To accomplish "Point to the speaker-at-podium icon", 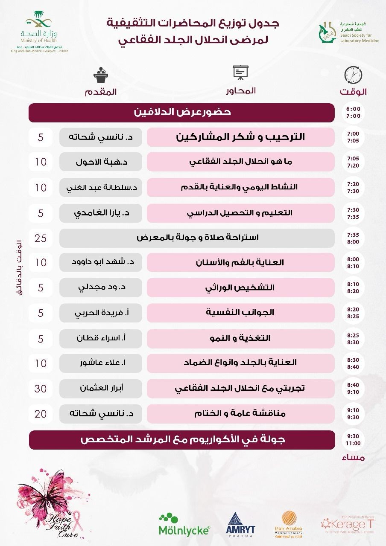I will (101, 75).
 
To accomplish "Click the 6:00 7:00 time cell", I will (354, 112).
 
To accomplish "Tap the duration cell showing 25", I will (41, 238).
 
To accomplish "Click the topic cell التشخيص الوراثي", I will (240, 287).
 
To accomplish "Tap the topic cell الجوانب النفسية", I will (240, 312).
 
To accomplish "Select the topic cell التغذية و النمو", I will (240, 337).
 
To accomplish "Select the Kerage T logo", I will (343, 523).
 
